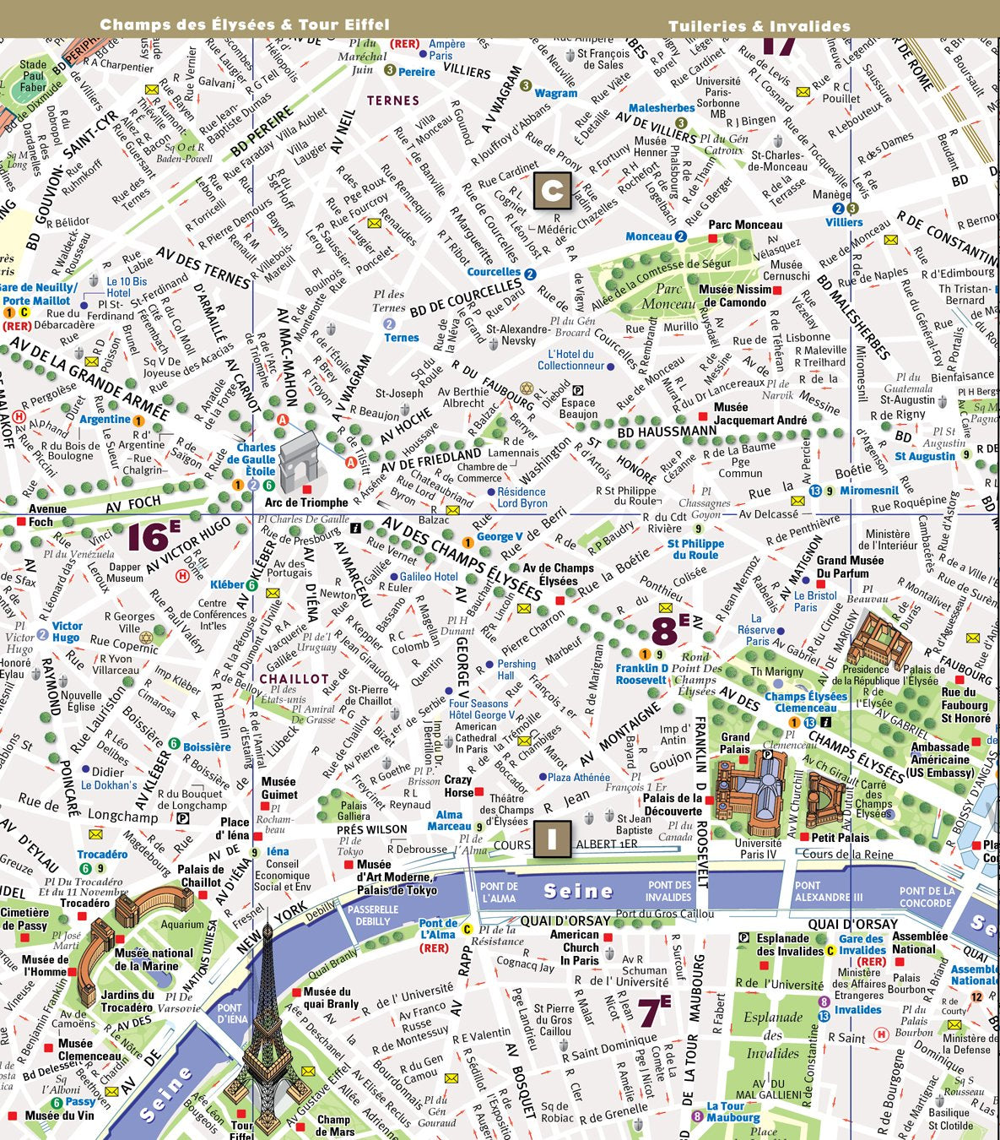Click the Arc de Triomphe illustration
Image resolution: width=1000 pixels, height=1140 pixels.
[302, 462]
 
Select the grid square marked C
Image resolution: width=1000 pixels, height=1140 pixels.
[552, 191]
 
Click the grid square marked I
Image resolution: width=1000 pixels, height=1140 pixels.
[552, 839]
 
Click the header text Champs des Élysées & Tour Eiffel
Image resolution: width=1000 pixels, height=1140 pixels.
[245, 24]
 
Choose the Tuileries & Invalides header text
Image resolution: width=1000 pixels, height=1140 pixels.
[759, 26]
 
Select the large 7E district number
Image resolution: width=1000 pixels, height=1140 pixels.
[653, 1012]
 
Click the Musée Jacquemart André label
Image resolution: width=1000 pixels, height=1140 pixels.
[759, 413]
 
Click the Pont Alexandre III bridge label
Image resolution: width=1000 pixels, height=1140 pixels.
[829, 892]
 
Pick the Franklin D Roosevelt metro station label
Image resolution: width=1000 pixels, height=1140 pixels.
[641, 674]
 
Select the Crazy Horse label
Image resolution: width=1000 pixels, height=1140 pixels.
[458, 786]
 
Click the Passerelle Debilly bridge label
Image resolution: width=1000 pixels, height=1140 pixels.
[373, 915]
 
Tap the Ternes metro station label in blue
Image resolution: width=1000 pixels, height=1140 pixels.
[402, 338]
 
